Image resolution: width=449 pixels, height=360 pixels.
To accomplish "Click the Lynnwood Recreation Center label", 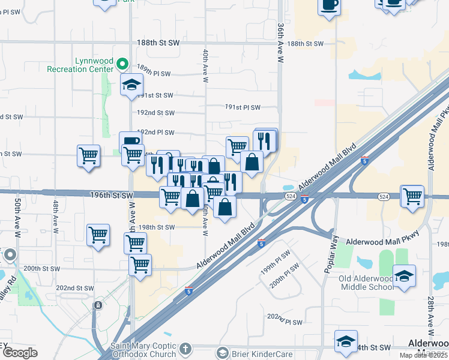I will pos(80,65).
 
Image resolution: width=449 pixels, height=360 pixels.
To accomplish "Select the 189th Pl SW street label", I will pos(154,74).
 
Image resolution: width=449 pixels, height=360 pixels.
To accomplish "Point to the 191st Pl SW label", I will pos(243,107).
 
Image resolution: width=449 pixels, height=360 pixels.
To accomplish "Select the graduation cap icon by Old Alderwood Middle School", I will pos(405,277).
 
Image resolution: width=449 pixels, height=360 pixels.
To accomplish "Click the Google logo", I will pos(20,353).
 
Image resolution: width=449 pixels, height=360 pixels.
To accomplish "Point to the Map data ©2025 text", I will pos(424,355).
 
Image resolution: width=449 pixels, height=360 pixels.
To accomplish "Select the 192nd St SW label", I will pos(155,113).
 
